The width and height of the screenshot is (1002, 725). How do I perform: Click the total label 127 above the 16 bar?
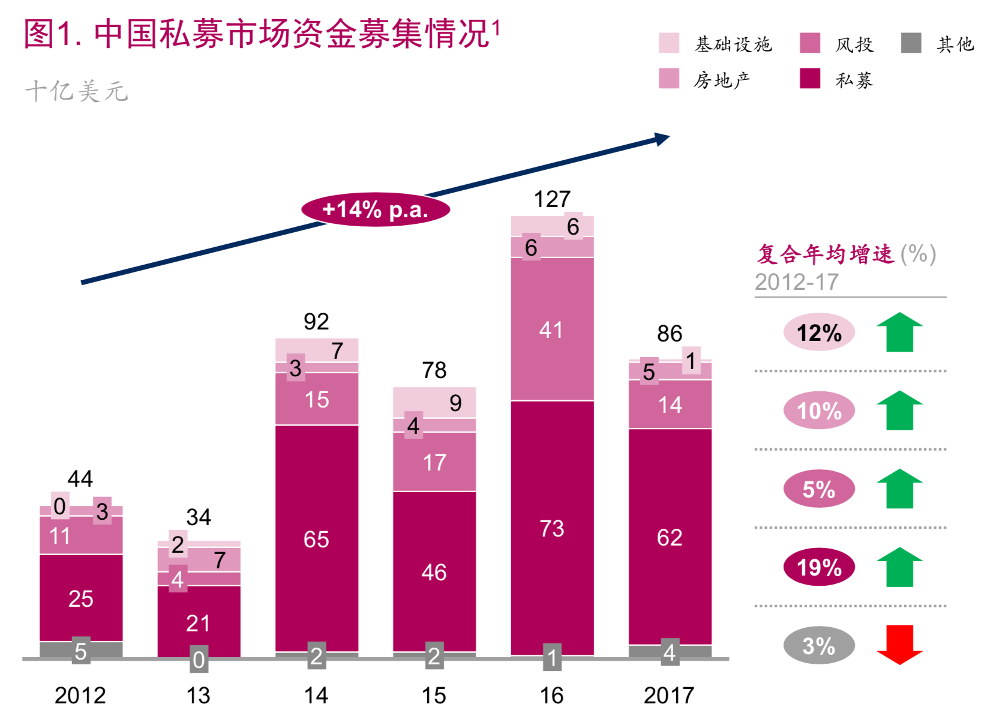pos(552,199)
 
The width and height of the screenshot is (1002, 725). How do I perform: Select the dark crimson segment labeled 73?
pos(552,528)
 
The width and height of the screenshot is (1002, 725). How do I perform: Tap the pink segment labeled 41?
pos(552,329)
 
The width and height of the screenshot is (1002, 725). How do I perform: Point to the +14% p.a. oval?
pos(376,209)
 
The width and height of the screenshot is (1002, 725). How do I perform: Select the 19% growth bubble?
pos(819,567)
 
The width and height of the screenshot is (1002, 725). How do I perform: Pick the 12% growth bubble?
pos(819,332)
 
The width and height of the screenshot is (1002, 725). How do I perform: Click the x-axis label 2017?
pos(669,696)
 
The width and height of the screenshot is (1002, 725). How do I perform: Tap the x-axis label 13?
pos(198,696)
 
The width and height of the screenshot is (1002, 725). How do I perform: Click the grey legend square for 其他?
pos(911,43)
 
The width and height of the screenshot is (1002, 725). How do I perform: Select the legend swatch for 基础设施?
pos(669,43)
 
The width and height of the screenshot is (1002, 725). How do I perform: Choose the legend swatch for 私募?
pos(810,79)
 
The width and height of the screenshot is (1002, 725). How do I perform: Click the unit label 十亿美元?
pos(76,91)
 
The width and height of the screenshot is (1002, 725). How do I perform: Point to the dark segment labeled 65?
pos(316,539)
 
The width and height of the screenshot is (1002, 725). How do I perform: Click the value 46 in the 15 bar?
pos(434,572)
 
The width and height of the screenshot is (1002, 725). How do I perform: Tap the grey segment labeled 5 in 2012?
pos(80,651)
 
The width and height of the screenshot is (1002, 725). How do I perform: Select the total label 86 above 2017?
pos(670,334)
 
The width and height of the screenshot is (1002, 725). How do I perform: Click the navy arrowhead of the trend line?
pos(662,139)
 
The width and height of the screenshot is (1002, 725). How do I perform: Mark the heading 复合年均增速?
pos(826,254)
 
